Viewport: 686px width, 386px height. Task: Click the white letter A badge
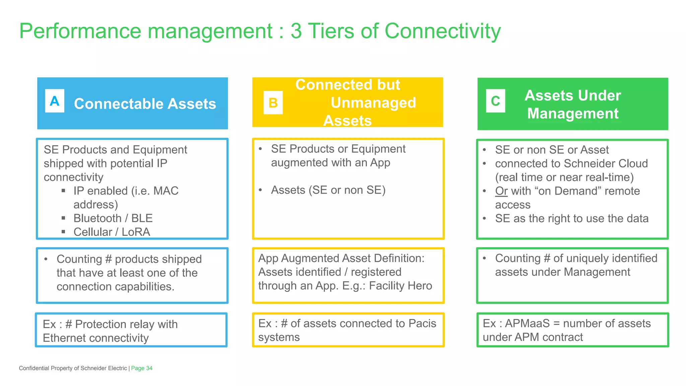(55, 101)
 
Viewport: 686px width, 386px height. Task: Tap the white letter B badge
(273, 103)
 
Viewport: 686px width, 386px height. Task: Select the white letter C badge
(495, 101)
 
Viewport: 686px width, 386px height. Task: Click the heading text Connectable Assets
(145, 104)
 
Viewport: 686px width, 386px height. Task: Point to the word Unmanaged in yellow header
(373, 103)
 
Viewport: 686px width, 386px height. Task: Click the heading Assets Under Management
(572, 104)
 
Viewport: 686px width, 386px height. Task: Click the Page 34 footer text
(142, 368)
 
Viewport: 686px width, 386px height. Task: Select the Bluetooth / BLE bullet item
(113, 218)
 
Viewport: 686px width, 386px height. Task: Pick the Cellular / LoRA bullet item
(112, 232)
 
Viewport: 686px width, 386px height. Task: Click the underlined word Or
(501, 191)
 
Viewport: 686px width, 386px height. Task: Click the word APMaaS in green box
(527, 323)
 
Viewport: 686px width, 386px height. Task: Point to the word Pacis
(422, 323)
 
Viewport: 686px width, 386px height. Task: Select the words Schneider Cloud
(606, 164)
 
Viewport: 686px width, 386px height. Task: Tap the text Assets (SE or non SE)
(328, 190)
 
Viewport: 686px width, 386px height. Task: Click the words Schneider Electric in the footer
(104, 368)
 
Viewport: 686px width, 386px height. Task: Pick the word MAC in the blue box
(166, 191)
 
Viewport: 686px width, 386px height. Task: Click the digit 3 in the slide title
(296, 31)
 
